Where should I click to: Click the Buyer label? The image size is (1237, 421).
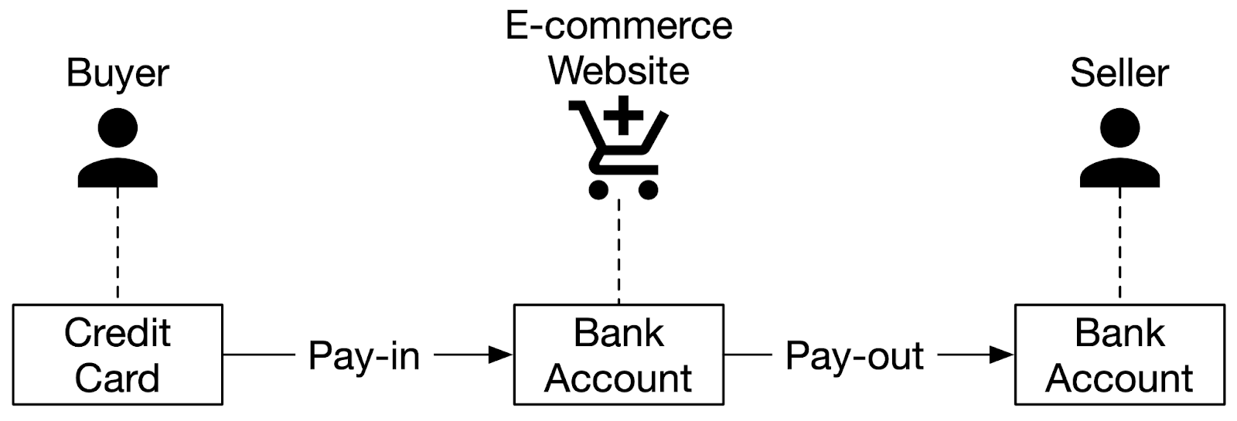[118, 74]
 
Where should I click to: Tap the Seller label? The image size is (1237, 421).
[1119, 74]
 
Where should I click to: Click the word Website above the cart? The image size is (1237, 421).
[618, 70]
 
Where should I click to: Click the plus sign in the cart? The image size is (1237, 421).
[623, 117]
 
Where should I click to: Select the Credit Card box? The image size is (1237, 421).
[118, 355]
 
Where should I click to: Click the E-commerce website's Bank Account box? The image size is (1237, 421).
[618, 355]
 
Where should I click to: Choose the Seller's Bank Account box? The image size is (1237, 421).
[1119, 355]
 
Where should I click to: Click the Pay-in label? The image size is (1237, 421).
[363, 356]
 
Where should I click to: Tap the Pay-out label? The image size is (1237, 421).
[854, 356]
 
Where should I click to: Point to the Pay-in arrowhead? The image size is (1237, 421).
[502, 355]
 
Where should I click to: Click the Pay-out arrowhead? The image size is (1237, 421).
[1003, 355]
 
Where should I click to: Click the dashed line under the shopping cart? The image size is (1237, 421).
[618, 252]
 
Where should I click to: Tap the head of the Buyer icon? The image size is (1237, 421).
[118, 127]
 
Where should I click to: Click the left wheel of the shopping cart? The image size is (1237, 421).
[598, 189]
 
